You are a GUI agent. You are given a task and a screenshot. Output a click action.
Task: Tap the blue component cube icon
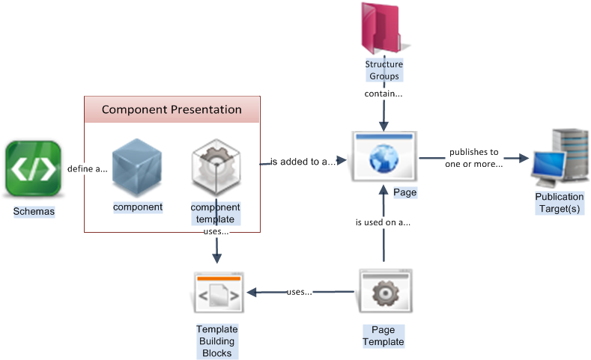[x=137, y=170]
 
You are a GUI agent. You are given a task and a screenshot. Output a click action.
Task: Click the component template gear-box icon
[x=216, y=170]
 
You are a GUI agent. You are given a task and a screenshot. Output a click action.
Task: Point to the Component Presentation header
[x=172, y=110]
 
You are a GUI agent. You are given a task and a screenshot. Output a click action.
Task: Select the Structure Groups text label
[x=384, y=70]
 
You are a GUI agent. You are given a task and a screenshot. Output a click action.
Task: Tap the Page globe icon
[x=384, y=155]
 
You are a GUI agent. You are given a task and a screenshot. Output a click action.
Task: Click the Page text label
[x=404, y=192]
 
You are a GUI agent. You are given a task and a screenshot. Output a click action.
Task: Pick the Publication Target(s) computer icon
[x=560, y=158]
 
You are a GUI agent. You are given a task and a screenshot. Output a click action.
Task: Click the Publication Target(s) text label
[x=559, y=202]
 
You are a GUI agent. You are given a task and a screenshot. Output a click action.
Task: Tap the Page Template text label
[x=384, y=336]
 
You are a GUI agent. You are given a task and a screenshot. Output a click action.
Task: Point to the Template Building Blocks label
[x=216, y=341]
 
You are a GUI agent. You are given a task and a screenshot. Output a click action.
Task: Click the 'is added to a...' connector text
[x=303, y=161]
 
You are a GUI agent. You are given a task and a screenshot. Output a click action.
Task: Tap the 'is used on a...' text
[x=383, y=222]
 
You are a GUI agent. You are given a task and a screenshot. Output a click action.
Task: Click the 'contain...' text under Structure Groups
[x=384, y=94]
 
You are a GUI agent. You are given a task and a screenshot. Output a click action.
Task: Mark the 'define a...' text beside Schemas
[x=87, y=168]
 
